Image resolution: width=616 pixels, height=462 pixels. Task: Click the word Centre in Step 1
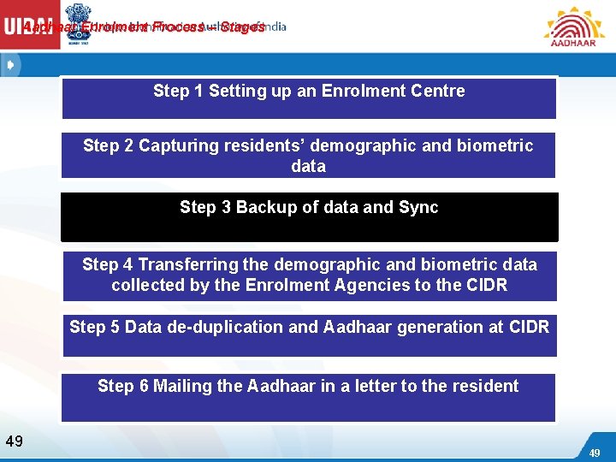(x=436, y=91)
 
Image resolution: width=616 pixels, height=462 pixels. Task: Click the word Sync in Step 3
(x=418, y=207)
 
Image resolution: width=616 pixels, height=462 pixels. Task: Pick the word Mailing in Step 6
(x=183, y=386)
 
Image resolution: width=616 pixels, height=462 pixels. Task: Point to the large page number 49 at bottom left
(x=14, y=441)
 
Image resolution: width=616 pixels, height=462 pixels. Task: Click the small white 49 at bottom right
(x=594, y=453)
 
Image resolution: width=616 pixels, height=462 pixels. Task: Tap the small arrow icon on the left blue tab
(x=9, y=65)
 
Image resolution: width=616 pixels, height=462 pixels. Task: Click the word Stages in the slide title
(x=242, y=27)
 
